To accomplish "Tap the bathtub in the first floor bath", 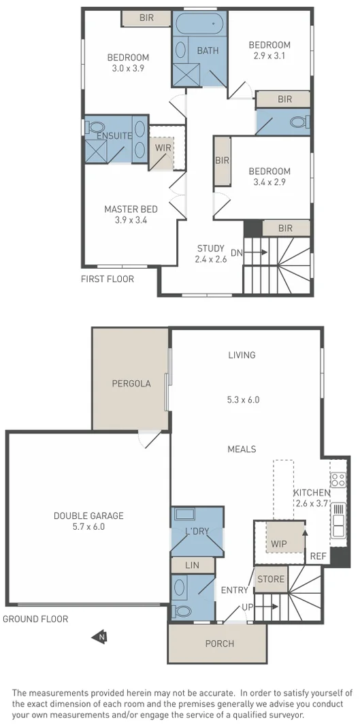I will click(x=198, y=25).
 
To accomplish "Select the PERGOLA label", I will click(x=131, y=384).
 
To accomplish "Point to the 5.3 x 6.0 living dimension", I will click(x=242, y=400).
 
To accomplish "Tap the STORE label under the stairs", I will click(x=269, y=579).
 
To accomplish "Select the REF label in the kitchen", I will click(x=318, y=556).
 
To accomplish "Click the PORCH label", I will click(x=219, y=643).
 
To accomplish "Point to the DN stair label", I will click(x=236, y=253).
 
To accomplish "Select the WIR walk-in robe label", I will click(x=163, y=147).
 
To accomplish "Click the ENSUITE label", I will click(x=114, y=136).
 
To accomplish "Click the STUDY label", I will click(x=210, y=248).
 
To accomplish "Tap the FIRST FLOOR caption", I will click(x=108, y=279).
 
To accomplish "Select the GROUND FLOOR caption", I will click(x=35, y=619).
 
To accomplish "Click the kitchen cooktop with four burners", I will click(x=338, y=480).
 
